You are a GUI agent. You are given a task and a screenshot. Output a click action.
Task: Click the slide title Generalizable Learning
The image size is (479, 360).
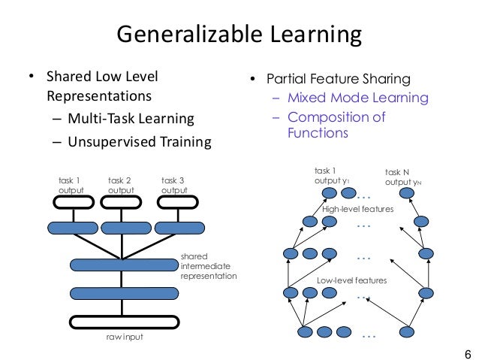tap(239, 35)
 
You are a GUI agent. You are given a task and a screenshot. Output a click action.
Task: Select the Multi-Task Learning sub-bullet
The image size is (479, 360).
tap(131, 119)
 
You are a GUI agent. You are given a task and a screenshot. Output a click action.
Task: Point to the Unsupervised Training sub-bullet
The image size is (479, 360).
tap(139, 141)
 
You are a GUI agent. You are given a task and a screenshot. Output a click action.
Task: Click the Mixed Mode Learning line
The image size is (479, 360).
tap(357, 98)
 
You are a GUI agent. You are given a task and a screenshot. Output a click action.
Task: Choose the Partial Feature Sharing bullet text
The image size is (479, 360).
tap(336, 79)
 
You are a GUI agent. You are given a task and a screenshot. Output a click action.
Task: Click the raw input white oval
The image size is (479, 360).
tap(124, 322)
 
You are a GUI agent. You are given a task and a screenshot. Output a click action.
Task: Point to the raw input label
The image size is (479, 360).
tap(124, 337)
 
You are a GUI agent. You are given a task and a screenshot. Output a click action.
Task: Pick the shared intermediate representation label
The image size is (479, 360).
tap(209, 266)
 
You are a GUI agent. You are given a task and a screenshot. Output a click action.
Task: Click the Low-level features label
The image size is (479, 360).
tap(351, 280)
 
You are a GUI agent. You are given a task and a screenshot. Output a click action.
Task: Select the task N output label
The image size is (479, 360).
tap(399, 177)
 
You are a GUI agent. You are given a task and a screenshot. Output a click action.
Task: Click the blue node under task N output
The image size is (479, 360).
tap(406, 194)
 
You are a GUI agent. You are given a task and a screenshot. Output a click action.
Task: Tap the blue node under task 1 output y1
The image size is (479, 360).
tap(329, 194)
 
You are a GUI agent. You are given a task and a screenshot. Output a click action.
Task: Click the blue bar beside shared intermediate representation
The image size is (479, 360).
tap(124, 265)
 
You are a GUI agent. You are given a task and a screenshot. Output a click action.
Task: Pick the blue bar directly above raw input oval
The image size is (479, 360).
tap(124, 293)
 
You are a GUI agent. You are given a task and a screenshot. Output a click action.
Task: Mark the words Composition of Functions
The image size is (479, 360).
tap(336, 126)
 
